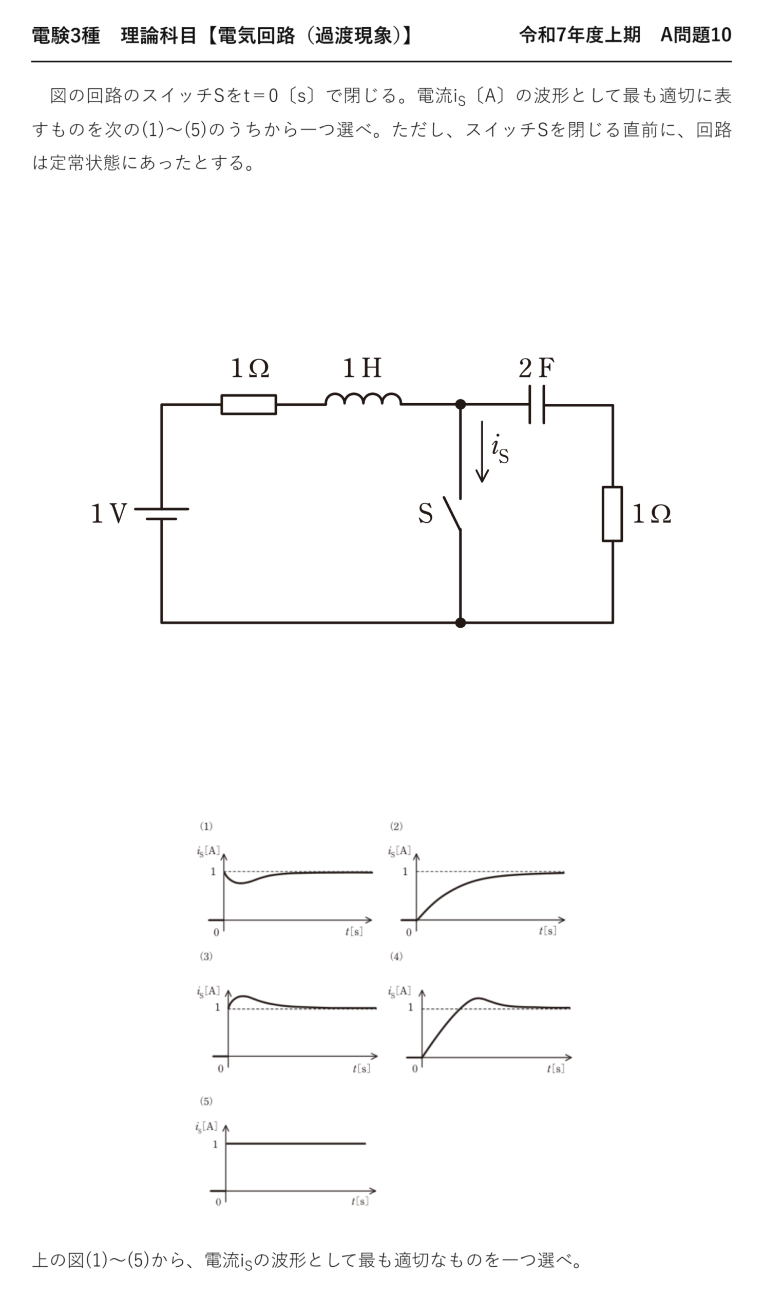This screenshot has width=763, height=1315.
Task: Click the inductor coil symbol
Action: [x=363, y=399]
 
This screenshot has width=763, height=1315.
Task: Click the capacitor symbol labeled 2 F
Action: [x=537, y=404]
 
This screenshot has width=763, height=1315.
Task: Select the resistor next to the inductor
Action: [x=249, y=404]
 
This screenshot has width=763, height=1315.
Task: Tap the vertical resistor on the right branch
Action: [x=612, y=514]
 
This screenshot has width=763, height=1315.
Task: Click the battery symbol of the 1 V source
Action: [x=162, y=514]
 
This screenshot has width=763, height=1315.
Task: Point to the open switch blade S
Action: [x=452, y=514]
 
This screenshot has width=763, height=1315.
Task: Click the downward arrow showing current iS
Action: [x=482, y=452]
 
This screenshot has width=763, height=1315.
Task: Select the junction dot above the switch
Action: [x=461, y=404]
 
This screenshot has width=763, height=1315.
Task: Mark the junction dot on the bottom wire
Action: [x=461, y=623]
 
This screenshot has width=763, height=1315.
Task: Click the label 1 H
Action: [x=362, y=368]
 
